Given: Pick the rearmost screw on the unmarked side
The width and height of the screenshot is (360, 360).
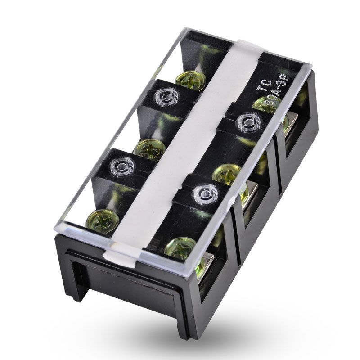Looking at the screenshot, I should [x=190, y=80].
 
